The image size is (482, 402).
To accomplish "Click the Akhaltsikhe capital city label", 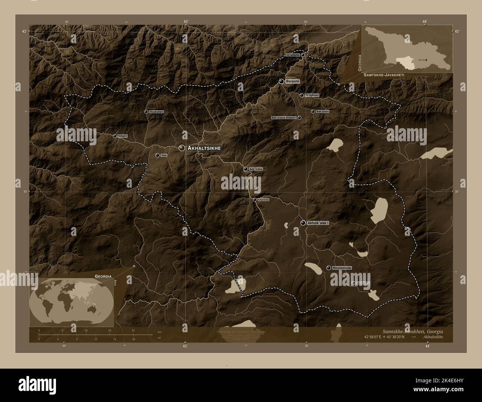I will click(205, 148).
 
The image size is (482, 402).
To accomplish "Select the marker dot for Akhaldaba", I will click(303, 55).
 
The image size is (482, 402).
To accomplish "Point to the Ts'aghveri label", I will click(311, 95).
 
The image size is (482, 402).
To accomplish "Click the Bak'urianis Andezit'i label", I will click(284, 118).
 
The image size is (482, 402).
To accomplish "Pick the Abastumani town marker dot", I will click(146, 112).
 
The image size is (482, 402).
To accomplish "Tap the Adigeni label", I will click(122, 136).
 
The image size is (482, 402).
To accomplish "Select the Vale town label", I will click(164, 155).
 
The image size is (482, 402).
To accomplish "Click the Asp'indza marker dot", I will click(245, 169).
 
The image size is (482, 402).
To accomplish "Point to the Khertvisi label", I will click(263, 200).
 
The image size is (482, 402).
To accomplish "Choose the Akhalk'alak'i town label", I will click(318, 223).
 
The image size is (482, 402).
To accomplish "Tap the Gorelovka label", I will click(363, 283).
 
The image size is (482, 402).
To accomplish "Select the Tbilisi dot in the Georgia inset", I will click(426, 59).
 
